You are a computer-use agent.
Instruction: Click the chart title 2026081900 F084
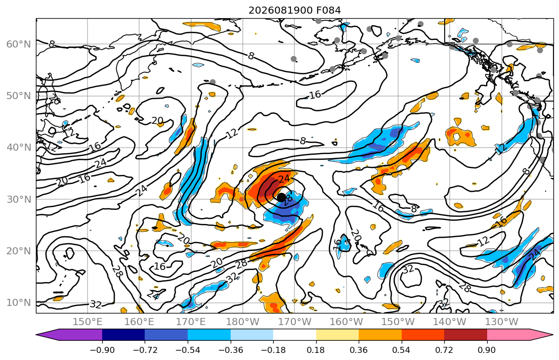pos(294,10)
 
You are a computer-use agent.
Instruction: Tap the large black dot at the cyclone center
pos(281,197)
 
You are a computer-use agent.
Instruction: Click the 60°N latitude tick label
pos(19,44)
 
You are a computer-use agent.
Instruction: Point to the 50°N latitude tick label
pos(19,96)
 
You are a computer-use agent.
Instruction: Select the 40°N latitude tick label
pos(19,147)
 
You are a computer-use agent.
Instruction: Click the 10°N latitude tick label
pos(19,302)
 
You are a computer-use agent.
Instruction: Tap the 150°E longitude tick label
pos(88,322)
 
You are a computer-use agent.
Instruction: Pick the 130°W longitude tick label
pos(502,322)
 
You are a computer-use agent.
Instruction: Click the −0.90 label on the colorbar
pos(102,350)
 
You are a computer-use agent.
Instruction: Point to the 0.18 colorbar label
pos(316,350)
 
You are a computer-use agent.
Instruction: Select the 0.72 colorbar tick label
pos(444,350)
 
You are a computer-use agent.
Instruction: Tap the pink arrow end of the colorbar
pos(535,335)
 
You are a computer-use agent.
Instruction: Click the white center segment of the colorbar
pos(294,335)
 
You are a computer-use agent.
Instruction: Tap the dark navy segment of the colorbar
pos(123,335)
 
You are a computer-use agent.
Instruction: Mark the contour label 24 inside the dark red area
pos(284,178)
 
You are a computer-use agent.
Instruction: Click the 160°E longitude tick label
pos(140,322)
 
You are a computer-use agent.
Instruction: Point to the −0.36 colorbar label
pos(230,350)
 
